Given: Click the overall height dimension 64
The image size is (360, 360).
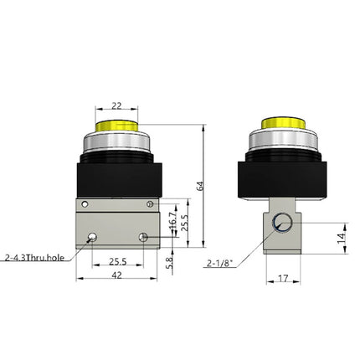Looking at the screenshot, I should [199, 186].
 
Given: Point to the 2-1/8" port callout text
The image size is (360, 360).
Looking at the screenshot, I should [219, 263].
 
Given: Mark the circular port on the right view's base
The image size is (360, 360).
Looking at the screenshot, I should [284, 224].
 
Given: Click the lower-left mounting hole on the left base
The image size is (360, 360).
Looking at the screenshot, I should [90, 238].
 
